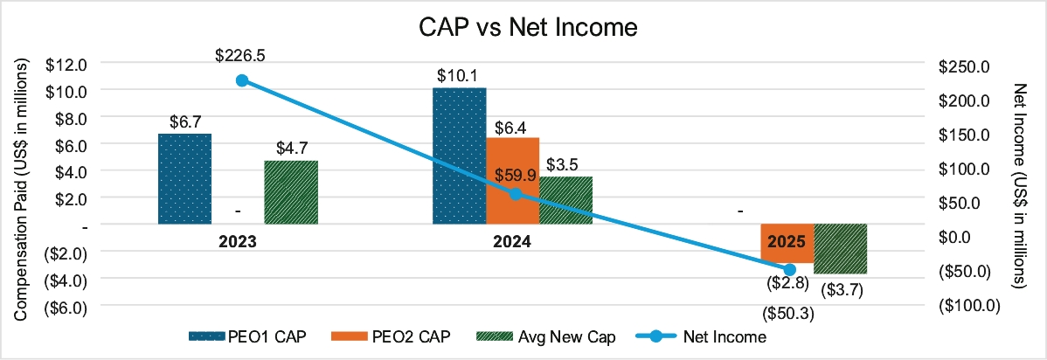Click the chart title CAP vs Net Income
(x=525, y=28)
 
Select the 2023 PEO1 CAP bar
(x=184, y=179)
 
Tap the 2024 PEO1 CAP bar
(x=460, y=156)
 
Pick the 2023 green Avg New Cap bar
(x=291, y=192)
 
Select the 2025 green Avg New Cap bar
(x=840, y=248)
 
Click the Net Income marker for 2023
(x=242, y=80)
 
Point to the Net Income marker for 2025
(x=789, y=270)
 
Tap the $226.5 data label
(x=240, y=55)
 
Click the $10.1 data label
(x=460, y=75)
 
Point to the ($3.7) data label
(x=842, y=289)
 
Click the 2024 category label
(x=512, y=241)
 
